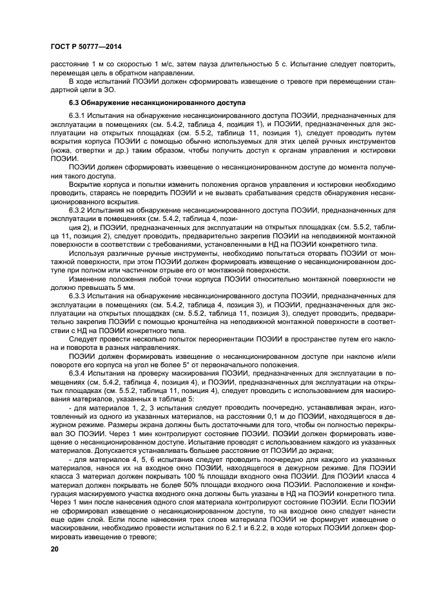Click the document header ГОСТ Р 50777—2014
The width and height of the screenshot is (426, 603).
point(85,47)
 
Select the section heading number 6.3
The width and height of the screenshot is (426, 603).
point(75,102)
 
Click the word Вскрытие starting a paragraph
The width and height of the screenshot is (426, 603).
point(87,184)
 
